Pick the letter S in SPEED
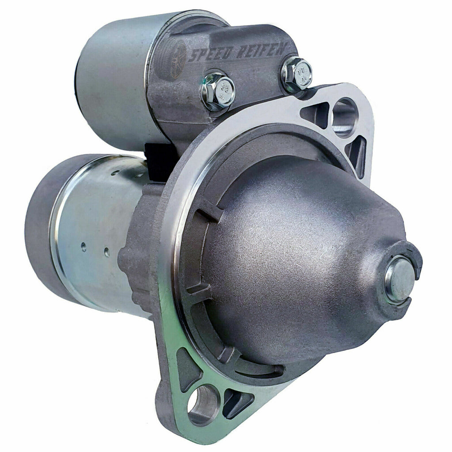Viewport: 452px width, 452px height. pyautogui.click(x=194, y=56)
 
